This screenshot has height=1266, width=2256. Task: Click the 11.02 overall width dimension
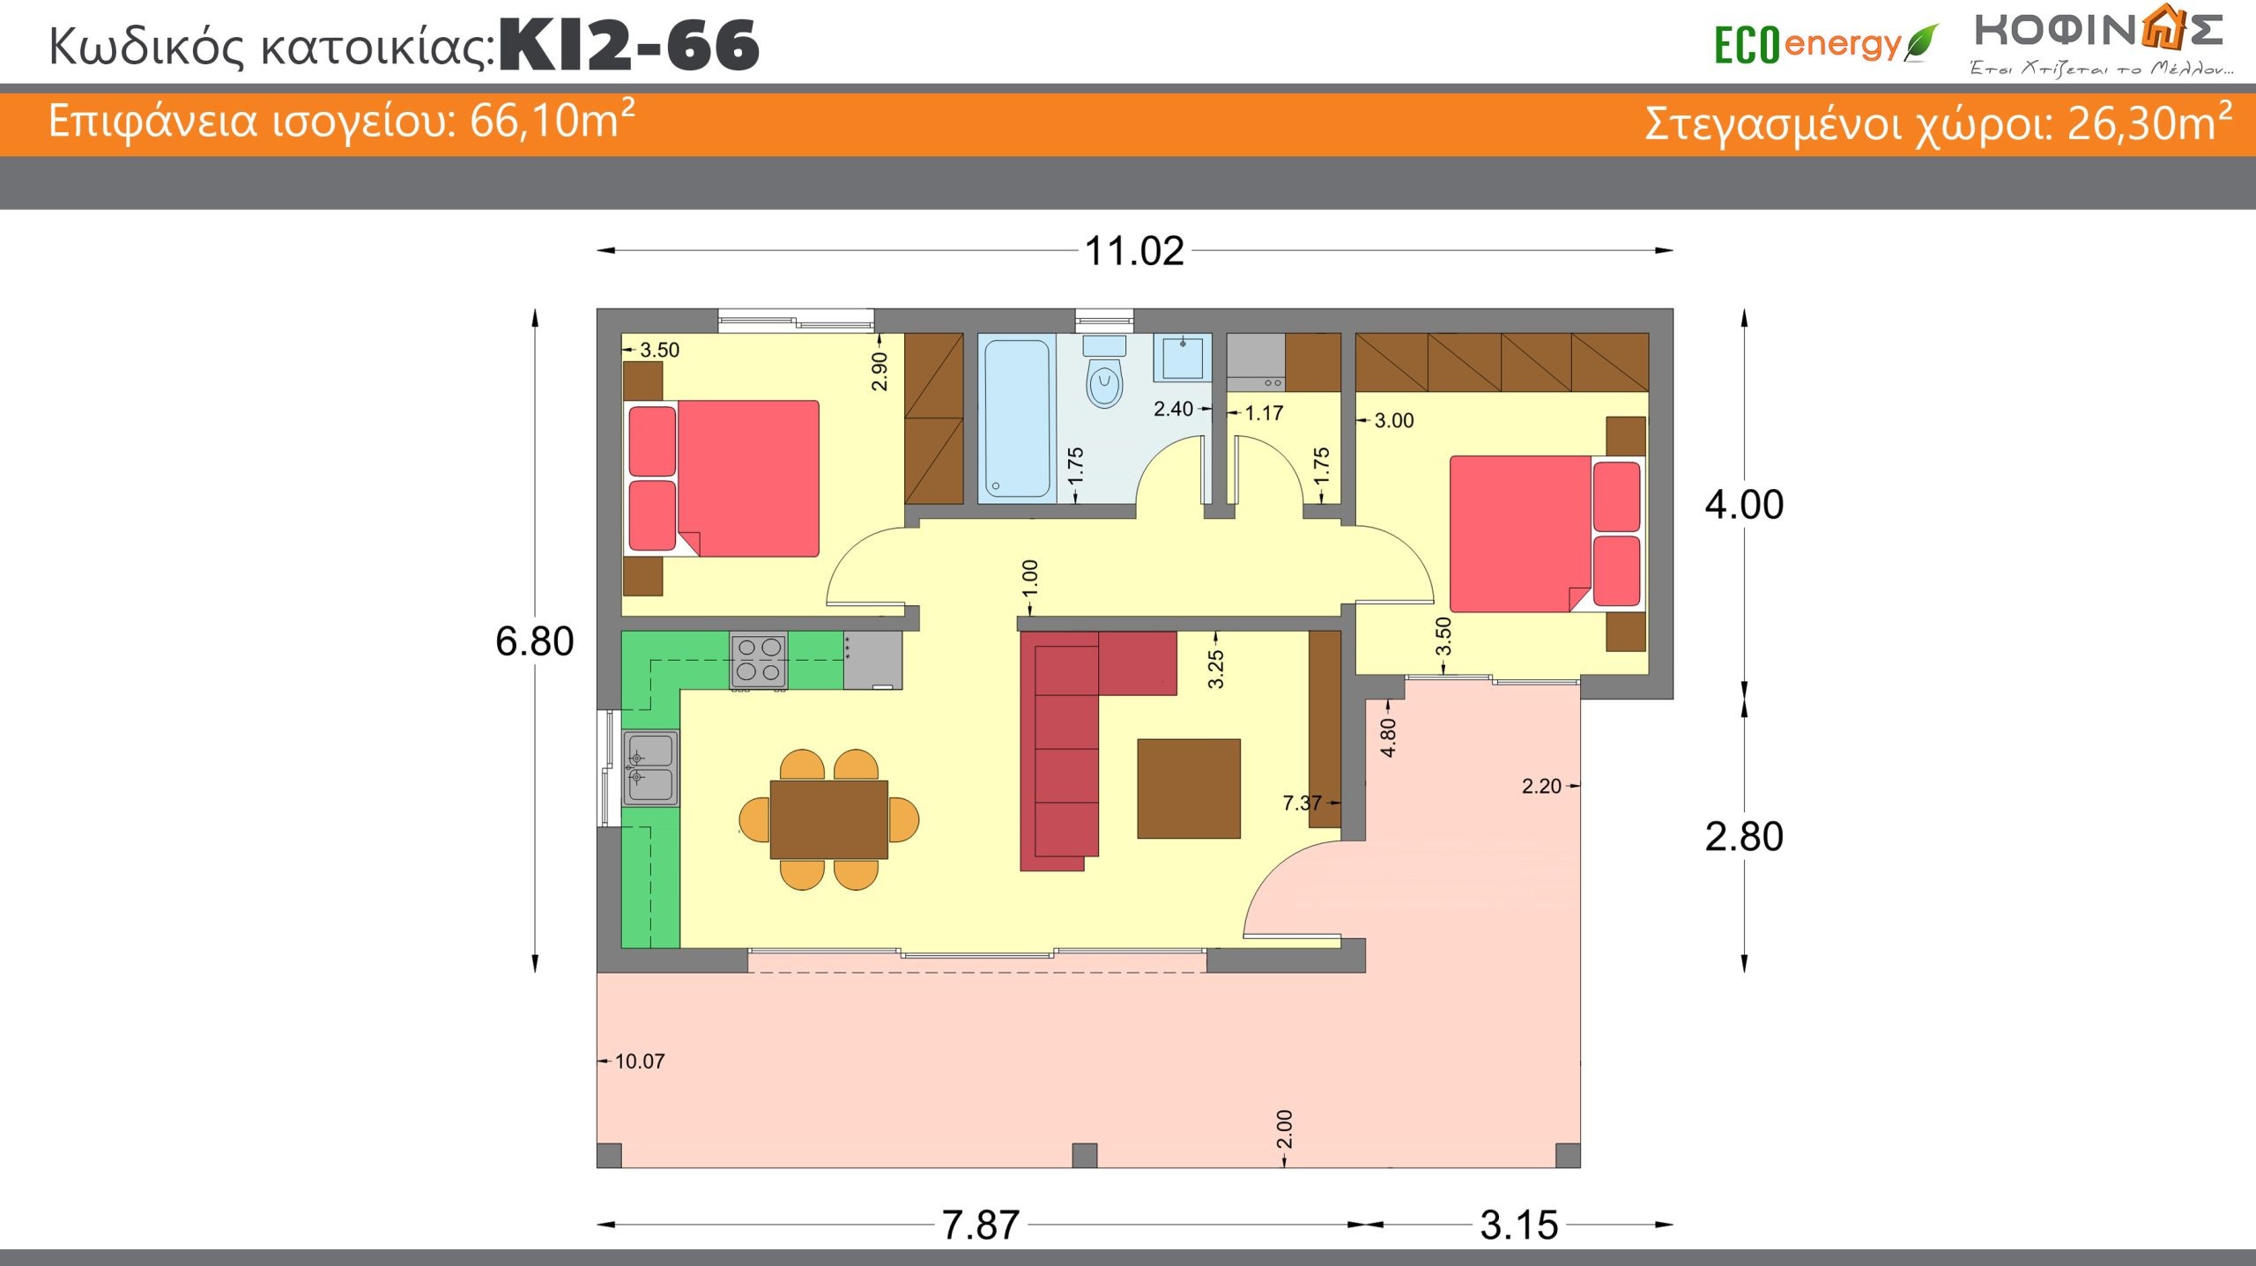(1134, 251)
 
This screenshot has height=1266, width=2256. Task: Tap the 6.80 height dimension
(534, 641)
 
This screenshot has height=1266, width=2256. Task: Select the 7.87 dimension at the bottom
(981, 1225)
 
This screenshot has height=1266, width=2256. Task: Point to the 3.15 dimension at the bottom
(1519, 1225)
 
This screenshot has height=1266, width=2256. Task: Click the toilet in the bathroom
(1104, 372)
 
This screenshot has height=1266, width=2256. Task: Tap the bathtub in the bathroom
(1017, 419)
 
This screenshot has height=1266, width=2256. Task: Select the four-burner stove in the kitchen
(759, 661)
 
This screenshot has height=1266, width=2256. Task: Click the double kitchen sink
(651, 768)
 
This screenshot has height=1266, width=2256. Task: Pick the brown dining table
(829, 819)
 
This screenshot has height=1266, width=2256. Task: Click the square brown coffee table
(1189, 788)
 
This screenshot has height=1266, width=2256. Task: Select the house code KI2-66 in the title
(629, 46)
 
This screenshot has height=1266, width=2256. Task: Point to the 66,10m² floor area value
(553, 120)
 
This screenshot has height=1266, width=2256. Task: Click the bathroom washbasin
(1183, 357)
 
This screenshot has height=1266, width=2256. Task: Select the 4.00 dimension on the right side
(1744, 505)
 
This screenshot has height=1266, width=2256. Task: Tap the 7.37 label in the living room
(1302, 803)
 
